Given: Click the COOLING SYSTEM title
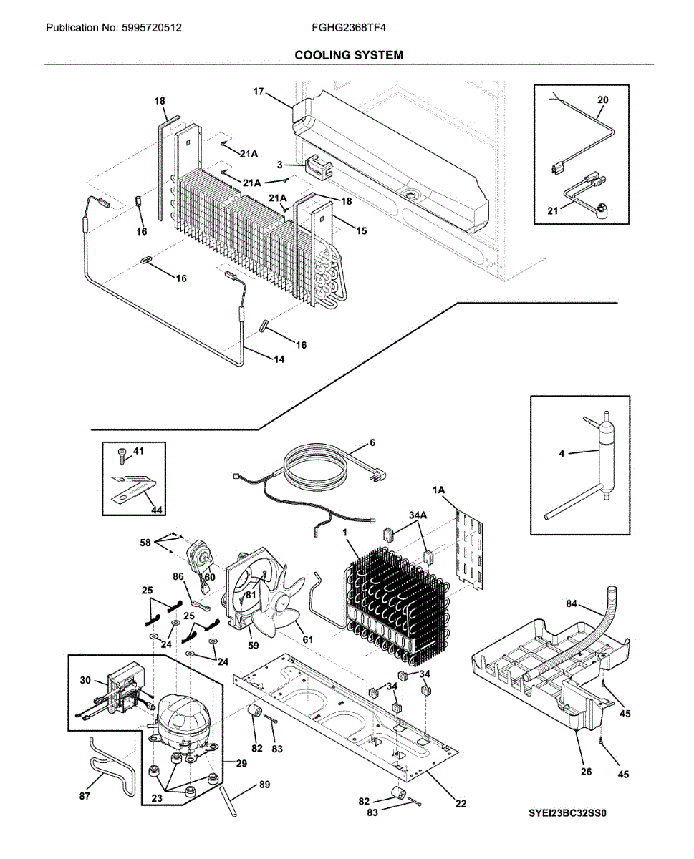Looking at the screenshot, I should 349,54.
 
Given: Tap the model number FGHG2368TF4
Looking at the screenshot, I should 344,29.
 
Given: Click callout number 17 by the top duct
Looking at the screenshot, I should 259,92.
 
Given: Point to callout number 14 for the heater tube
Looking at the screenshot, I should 279,359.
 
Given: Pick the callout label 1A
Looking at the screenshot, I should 439,490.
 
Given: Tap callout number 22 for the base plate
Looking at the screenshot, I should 461,803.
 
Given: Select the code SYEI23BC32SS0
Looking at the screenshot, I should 572,814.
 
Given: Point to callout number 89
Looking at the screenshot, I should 264,785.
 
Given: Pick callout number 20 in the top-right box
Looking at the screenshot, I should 602,100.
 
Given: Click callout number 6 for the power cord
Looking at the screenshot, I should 372,442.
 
